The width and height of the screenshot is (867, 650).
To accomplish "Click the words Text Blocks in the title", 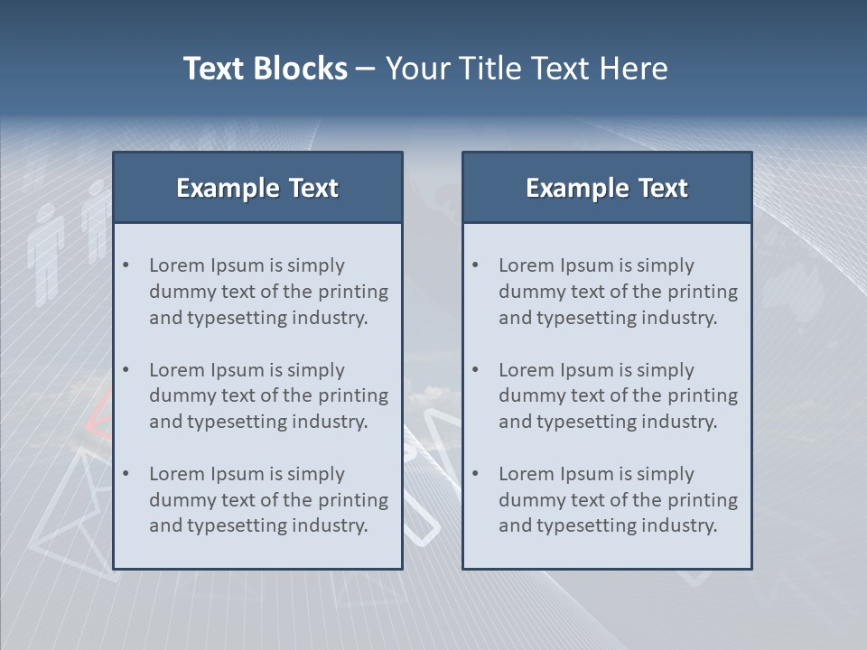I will [265, 69].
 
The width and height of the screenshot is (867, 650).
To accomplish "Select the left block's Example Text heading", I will [257, 188].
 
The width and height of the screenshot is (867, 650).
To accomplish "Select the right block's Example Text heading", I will [607, 188].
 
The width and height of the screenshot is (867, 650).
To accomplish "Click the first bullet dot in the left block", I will [126, 265].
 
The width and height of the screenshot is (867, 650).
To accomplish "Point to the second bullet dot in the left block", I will [126, 370].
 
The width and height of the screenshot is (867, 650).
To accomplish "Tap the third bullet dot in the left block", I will [126, 474].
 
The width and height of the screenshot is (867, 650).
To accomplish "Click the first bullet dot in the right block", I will [476, 265].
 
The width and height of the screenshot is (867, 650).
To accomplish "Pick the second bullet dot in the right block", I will [476, 370].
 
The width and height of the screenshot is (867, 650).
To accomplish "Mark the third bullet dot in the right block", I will [476, 474].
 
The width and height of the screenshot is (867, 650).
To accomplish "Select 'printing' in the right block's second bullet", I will [701, 395].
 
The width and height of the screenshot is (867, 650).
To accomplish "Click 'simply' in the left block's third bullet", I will [316, 474].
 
